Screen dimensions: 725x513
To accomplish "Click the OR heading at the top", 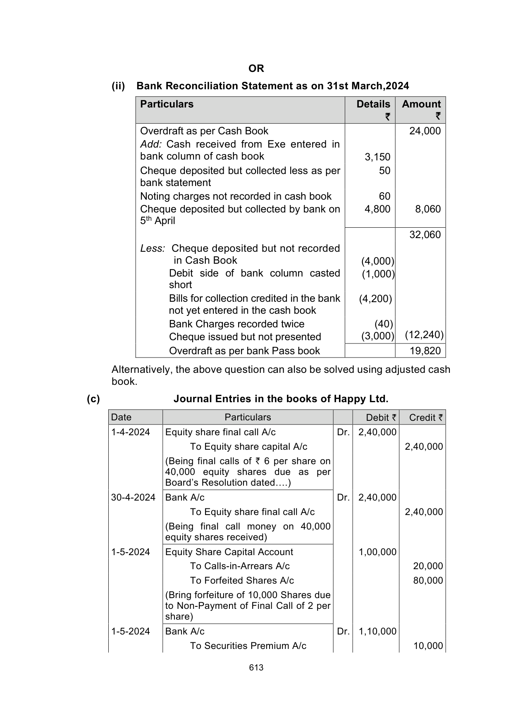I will (x=256, y=68).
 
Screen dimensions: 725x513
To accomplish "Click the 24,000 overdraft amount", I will (x=425, y=131).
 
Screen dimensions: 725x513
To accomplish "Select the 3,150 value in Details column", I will (x=377, y=157).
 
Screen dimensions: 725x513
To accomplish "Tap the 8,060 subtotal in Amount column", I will (x=428, y=209).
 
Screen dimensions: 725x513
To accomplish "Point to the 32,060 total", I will (x=425, y=235).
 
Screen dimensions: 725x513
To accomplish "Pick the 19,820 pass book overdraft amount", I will (x=425, y=351).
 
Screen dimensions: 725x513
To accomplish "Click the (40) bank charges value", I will (x=384, y=324).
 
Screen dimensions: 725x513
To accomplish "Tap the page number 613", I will (x=256, y=668).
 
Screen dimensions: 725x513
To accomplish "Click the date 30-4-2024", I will (x=133, y=497).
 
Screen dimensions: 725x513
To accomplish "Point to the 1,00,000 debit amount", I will (x=377, y=552).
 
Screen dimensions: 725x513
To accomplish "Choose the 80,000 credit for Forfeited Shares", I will (x=428, y=580).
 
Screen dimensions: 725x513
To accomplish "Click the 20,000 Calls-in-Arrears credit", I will (x=428, y=566).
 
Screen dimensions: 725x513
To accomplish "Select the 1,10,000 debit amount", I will (x=377, y=631).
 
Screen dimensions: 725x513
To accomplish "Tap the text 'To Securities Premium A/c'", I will (x=248, y=646).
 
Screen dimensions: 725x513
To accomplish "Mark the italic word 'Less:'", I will (x=153, y=248).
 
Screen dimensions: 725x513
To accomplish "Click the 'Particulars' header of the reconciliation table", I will (x=167, y=104).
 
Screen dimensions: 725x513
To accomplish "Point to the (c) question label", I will (x=93, y=399).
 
